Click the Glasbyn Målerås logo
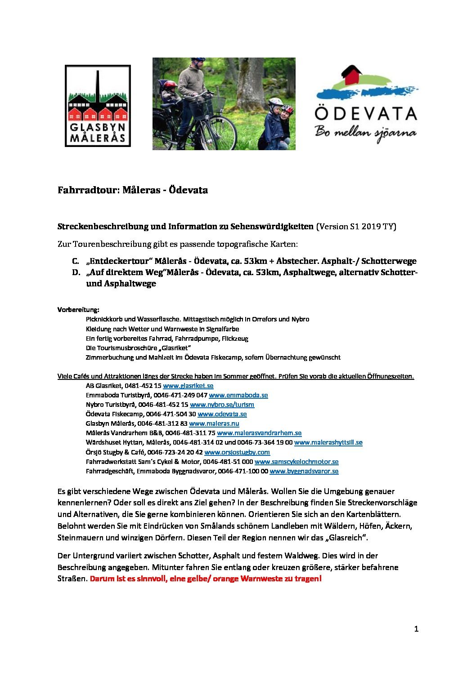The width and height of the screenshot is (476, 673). (x=98, y=106)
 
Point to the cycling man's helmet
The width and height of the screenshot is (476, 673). (x=197, y=60)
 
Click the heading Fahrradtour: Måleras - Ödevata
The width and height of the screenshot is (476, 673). (x=133, y=190)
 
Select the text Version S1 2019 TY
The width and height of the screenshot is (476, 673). (x=356, y=227)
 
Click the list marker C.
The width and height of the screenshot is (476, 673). (x=75, y=261)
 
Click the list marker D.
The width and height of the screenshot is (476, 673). (x=75, y=272)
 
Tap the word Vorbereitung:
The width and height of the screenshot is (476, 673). (x=78, y=310)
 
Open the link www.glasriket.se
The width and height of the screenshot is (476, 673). (x=188, y=386)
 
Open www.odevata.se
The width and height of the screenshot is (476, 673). (x=222, y=414)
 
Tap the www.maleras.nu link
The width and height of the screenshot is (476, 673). (x=214, y=423)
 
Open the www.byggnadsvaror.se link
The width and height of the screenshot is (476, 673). (x=304, y=471)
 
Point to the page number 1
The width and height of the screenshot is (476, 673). (x=416, y=629)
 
